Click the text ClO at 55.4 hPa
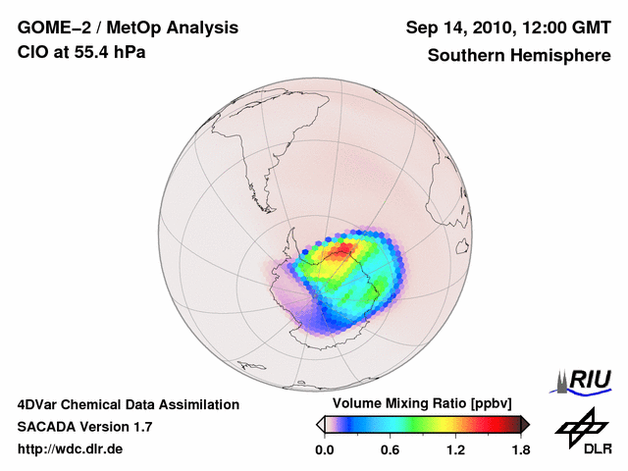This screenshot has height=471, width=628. [x=81, y=52]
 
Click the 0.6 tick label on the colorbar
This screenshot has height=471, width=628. [x=391, y=449]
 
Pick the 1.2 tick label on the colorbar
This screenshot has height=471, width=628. [x=455, y=449]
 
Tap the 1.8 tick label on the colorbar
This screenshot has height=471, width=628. [x=520, y=449]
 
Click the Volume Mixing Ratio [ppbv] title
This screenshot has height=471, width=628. [x=423, y=404]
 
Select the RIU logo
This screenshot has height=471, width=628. [x=586, y=379]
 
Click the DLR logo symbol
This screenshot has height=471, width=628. [x=580, y=426]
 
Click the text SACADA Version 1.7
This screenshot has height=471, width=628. [x=84, y=427]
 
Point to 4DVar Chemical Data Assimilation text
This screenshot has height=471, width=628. [x=129, y=404]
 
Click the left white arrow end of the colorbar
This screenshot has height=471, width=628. [x=320, y=424]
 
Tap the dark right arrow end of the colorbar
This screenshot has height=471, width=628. [x=525, y=424]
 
